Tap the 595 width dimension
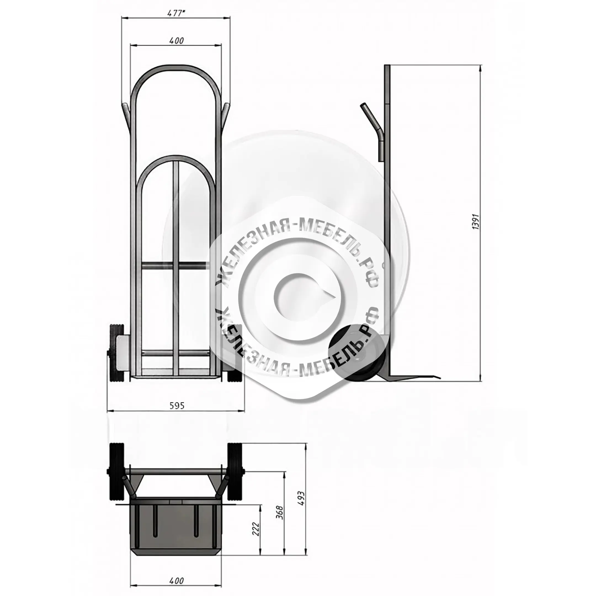pyautogui.click(x=177, y=405)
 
